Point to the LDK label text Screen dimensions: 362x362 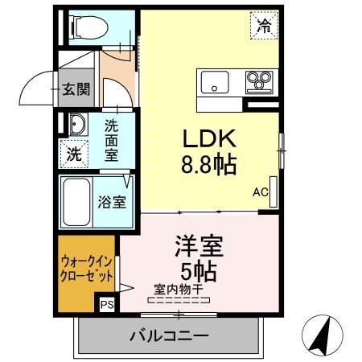204,138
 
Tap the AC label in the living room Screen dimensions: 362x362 260,192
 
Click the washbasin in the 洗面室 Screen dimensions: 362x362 76,124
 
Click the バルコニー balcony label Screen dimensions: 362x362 168,335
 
